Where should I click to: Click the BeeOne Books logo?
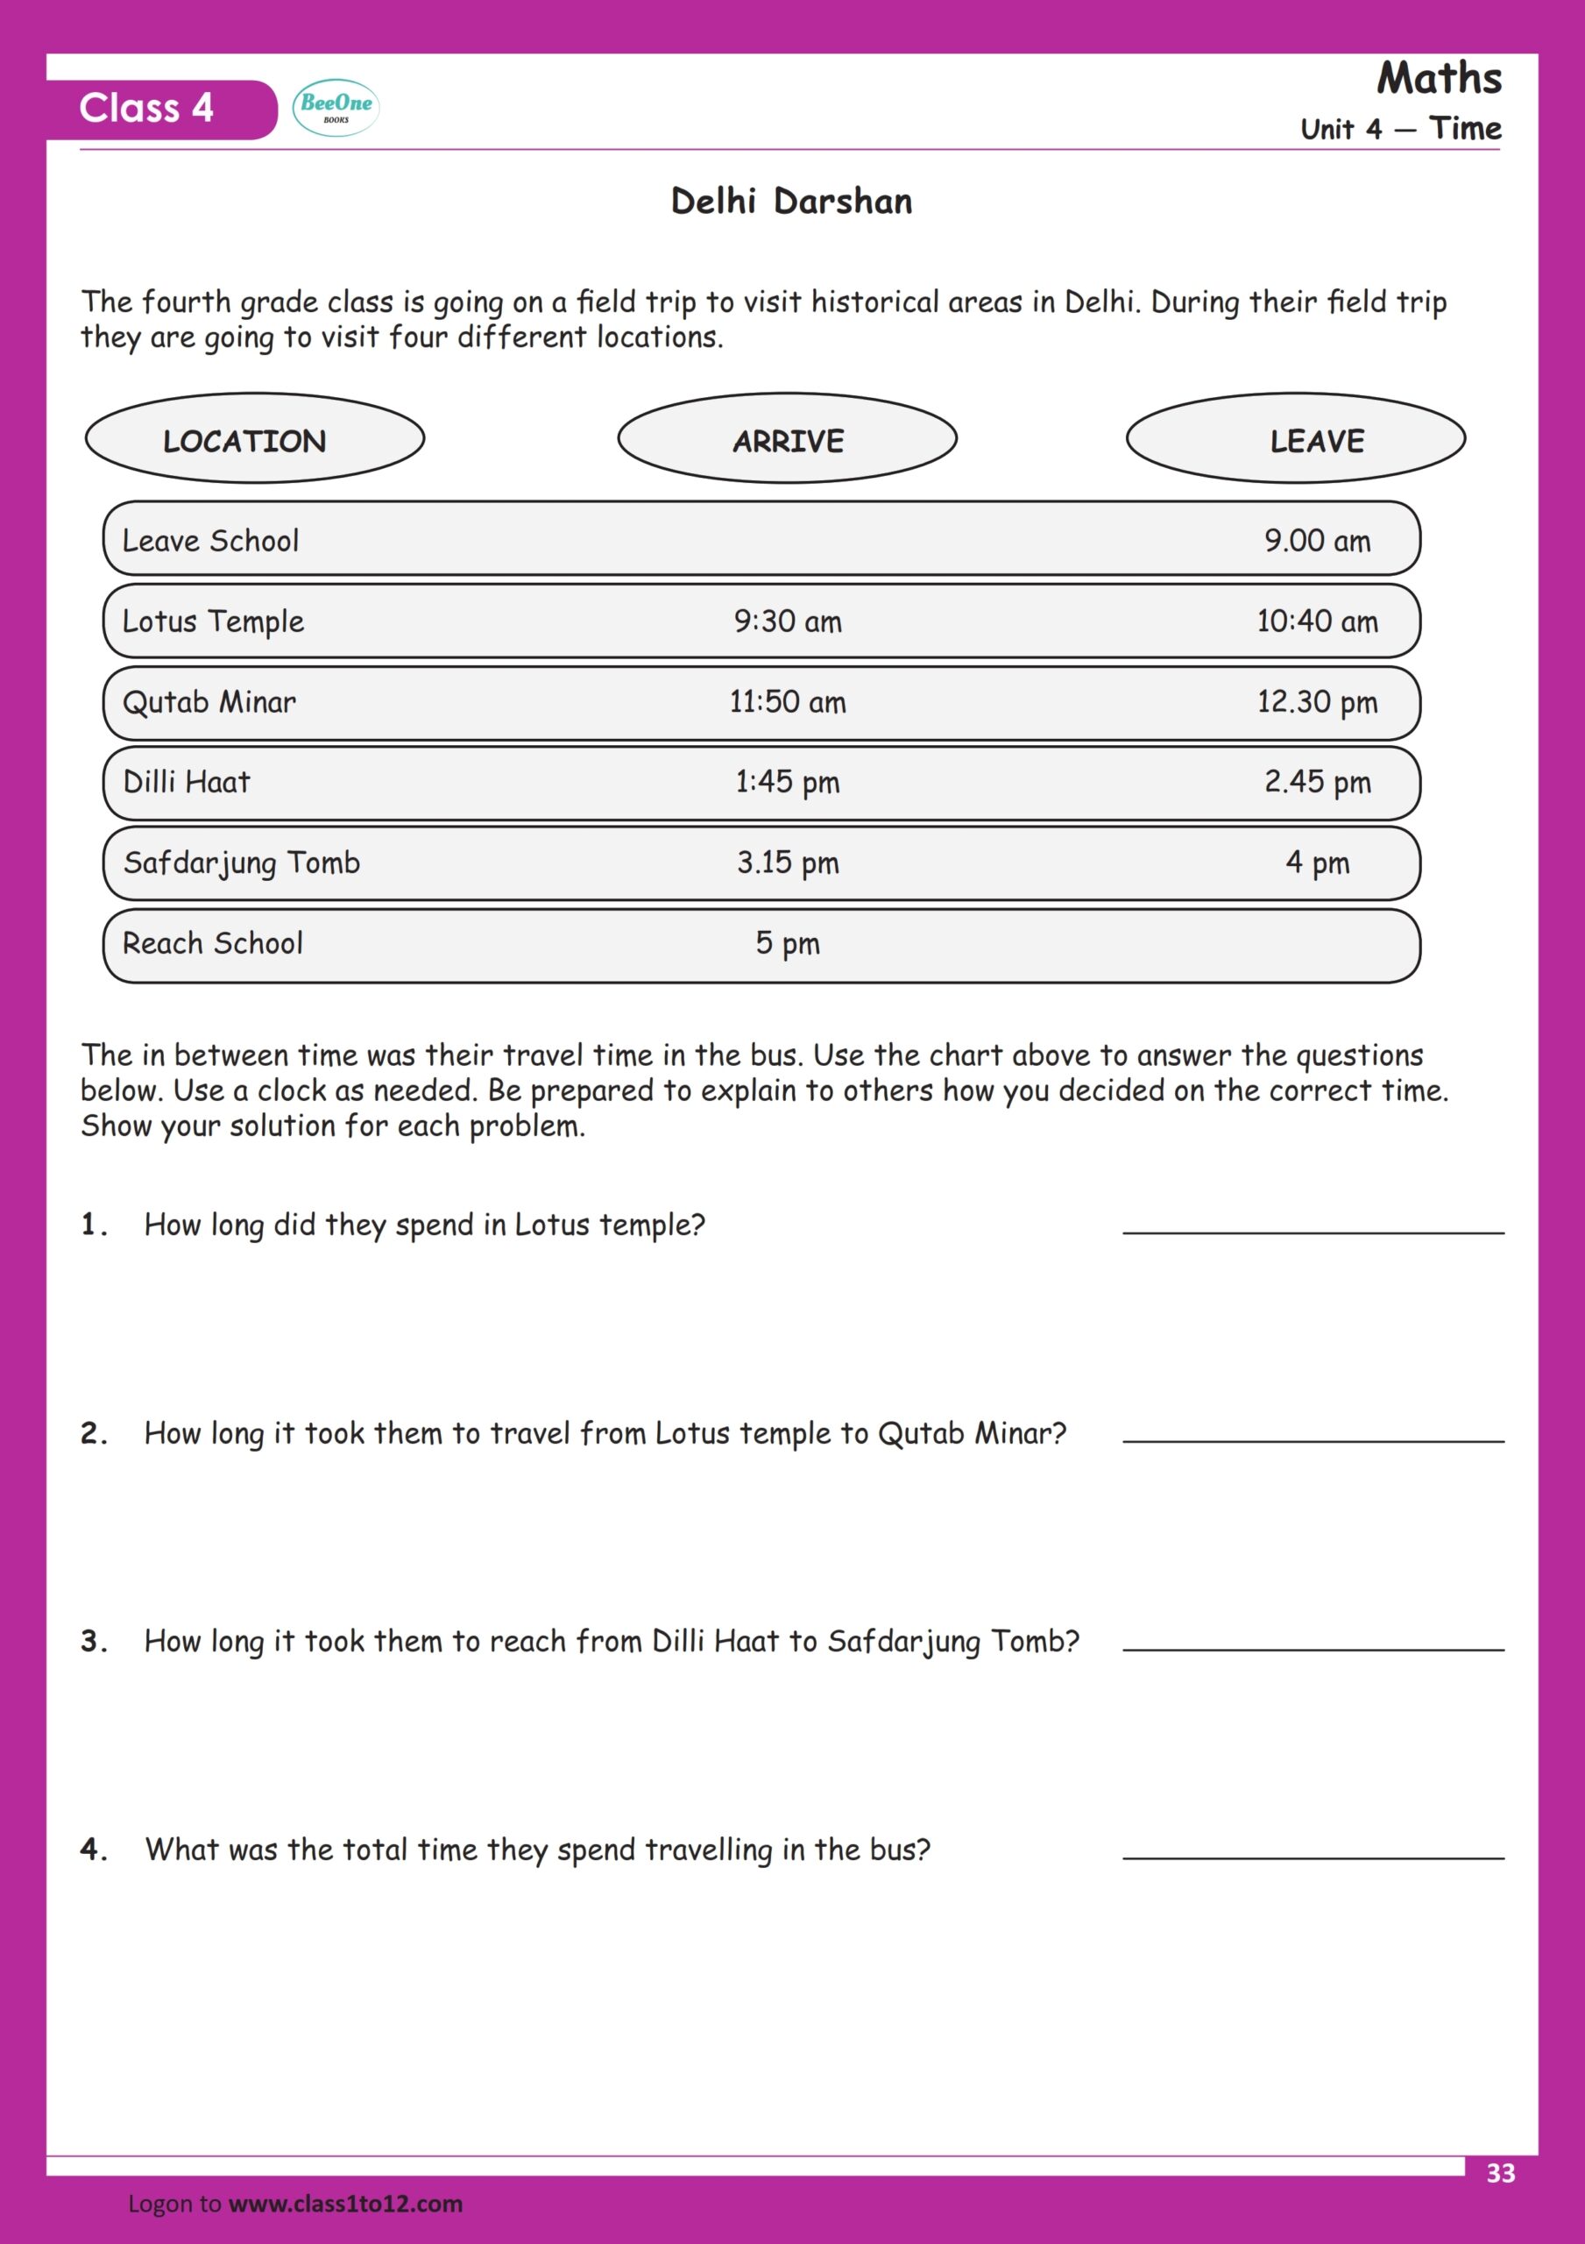[336, 108]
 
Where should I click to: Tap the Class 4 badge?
[146, 109]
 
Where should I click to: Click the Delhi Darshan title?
[791, 202]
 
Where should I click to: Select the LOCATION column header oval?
[254, 439]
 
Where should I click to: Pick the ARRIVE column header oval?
[787, 439]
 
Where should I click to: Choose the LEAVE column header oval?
[1295, 439]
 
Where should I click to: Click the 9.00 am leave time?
[1317, 541]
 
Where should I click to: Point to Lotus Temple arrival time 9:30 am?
[788, 621]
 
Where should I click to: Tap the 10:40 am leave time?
[1317, 621]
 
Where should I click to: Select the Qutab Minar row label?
[209, 702]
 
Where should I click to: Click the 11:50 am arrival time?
[788, 702]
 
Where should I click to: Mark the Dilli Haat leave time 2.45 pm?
[1317, 782]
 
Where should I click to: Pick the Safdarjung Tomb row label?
[241, 863]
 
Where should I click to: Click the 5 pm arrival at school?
[788, 943]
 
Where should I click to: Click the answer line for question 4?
[1313, 1856]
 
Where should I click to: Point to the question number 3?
[93, 1641]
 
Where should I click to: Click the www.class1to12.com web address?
[345, 2204]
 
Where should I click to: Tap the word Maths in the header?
[1439, 78]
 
